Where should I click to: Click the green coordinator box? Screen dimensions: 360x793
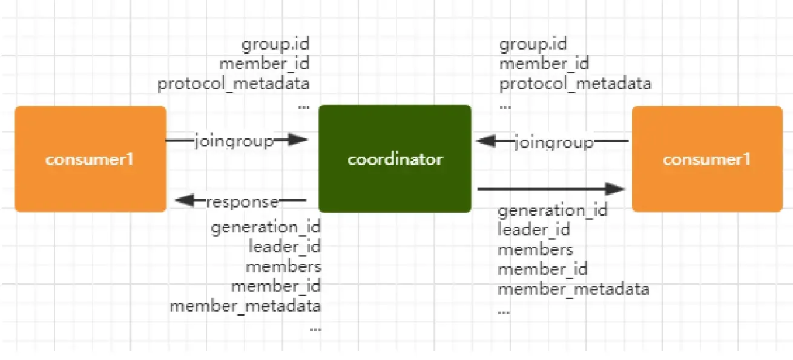(395, 159)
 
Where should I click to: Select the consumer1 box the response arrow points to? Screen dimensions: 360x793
(90, 159)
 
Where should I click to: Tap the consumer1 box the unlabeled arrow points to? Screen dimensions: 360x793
(707, 159)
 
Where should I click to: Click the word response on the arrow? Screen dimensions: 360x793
(242, 202)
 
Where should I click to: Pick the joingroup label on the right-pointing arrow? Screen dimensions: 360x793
(234, 141)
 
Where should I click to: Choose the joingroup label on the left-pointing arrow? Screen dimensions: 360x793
(553, 143)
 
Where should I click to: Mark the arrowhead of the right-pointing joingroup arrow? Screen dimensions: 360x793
(299, 140)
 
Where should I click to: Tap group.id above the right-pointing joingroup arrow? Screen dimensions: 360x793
(275, 44)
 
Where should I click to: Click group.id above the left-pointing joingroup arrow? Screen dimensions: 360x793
(533, 44)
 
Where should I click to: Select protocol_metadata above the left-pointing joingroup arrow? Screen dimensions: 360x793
(575, 83)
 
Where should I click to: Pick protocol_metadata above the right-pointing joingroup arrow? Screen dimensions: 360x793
(234, 83)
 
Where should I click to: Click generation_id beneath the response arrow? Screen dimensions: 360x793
(266, 227)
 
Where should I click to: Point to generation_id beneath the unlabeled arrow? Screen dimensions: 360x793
(552, 211)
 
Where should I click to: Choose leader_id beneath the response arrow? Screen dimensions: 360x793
(284, 247)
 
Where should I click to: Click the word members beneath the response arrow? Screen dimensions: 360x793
(283, 266)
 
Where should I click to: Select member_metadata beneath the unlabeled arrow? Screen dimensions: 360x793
(573, 289)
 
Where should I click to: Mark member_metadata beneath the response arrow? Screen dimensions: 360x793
(245, 306)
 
